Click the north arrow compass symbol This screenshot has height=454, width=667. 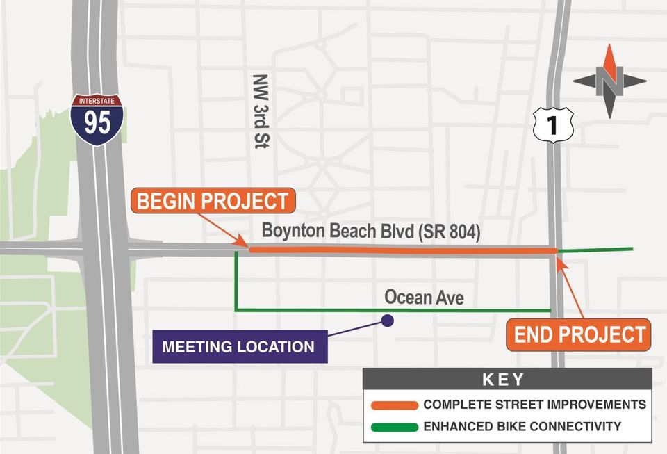click(609, 81)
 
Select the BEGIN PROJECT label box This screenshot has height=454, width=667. click(213, 202)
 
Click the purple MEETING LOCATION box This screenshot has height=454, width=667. click(240, 346)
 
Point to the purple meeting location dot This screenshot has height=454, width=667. click(388, 321)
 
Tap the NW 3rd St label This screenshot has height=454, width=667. click(261, 111)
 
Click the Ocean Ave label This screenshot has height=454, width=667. click(424, 298)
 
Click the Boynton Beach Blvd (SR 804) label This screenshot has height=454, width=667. click(370, 232)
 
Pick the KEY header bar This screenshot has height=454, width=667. click(507, 380)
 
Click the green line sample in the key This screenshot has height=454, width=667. click(394, 427)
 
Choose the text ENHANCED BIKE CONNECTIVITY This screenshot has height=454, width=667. click(522, 427)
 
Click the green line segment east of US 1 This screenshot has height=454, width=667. click(598, 249)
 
